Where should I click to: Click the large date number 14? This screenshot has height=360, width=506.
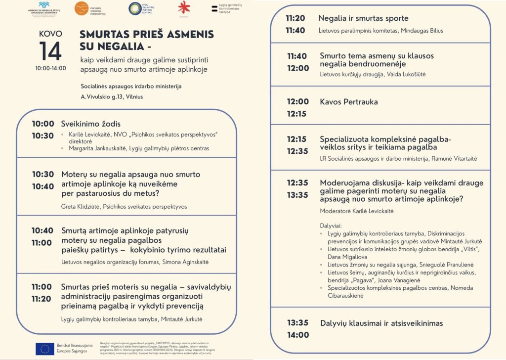50,51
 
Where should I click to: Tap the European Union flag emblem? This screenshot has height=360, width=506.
45,349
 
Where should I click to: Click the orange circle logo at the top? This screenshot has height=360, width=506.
82,8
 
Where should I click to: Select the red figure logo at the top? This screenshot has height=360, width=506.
184,7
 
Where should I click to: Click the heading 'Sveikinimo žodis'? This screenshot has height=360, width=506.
90,124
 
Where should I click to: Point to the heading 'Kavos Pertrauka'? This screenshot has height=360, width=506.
348,102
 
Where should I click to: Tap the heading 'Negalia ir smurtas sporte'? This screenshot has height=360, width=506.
363,18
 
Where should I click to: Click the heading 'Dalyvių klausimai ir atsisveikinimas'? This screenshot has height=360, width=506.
381,323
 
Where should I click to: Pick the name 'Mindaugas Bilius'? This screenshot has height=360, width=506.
421,31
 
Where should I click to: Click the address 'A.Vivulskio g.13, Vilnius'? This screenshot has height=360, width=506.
112,96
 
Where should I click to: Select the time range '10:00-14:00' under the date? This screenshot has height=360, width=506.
50,68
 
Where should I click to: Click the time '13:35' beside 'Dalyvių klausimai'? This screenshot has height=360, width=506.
297,323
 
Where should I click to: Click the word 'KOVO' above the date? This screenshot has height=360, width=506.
50,34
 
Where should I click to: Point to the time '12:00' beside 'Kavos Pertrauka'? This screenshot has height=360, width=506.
297,102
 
